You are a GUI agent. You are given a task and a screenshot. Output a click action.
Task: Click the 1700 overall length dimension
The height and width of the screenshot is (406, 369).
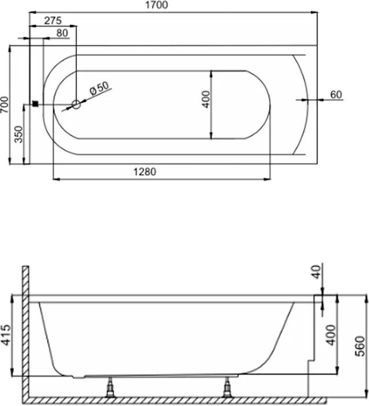point(156,5)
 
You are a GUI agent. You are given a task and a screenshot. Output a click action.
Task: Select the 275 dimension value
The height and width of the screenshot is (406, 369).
point(53,20)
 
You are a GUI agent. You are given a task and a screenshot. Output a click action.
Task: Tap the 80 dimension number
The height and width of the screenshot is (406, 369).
point(62,33)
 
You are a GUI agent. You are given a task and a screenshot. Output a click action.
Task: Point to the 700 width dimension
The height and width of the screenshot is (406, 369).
point(5,104)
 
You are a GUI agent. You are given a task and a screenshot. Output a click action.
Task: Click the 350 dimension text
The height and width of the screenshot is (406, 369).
point(19,135)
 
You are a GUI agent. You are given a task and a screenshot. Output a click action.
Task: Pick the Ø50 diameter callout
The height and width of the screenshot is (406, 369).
point(100,88)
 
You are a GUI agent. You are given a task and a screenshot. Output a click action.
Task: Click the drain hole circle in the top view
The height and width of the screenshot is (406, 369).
point(76,104)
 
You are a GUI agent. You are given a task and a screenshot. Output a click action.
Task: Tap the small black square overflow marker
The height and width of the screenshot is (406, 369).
point(36,104)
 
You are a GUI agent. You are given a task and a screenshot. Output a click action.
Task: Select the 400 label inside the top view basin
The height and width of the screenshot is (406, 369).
point(206,99)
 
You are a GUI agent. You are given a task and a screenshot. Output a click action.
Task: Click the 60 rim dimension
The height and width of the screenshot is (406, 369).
point(336,95)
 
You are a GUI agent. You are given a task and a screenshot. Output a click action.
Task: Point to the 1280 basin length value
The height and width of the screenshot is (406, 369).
point(145,172)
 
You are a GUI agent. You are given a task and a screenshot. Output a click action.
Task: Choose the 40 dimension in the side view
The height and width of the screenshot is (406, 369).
point(316,272)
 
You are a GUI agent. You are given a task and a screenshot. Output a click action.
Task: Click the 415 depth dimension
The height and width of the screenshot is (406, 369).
point(6,335)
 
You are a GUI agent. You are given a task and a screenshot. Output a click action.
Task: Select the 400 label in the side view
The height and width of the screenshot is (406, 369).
point(331,335)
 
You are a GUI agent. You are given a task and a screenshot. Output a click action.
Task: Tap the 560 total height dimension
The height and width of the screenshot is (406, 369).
point(360,346)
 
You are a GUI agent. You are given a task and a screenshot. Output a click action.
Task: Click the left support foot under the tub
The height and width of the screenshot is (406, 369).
point(110,387)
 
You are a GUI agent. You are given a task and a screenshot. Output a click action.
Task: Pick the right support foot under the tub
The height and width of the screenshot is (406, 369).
point(227,387)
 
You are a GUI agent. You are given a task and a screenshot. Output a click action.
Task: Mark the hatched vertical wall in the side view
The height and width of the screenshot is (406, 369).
point(25,331)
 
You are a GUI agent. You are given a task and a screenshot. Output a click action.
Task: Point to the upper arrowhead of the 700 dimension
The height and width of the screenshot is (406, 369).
point(10,48)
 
